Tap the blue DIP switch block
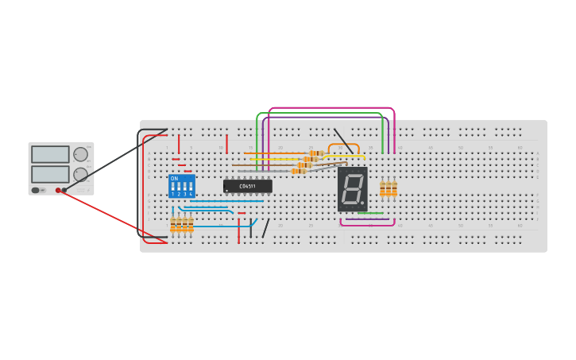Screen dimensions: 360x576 coord(181,187)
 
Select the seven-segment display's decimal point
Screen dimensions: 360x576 coord(362,203)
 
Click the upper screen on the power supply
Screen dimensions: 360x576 coord(50,154)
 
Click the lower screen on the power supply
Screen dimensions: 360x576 coord(50,173)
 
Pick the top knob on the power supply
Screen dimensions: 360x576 coord(80,154)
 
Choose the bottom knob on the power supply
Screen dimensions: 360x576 coord(80,174)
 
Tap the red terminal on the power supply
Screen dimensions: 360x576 coord(58,191)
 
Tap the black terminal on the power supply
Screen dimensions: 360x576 coord(64,191)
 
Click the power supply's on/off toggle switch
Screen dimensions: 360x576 coord(36,191)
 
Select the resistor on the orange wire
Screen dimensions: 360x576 coord(317,153)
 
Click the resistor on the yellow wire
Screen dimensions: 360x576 coord(310,159)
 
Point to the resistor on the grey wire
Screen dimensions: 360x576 coord(298,171)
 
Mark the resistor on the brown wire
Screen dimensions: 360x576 coord(303,165)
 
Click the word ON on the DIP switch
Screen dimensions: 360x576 coord(174,179)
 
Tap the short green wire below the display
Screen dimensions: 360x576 coord(370,213)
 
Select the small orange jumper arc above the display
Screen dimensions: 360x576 coord(343,145)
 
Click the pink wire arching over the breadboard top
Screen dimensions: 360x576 coord(331,108)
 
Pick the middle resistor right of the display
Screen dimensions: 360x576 coord(388,188)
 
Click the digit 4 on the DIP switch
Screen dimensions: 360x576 coord(191,194)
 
